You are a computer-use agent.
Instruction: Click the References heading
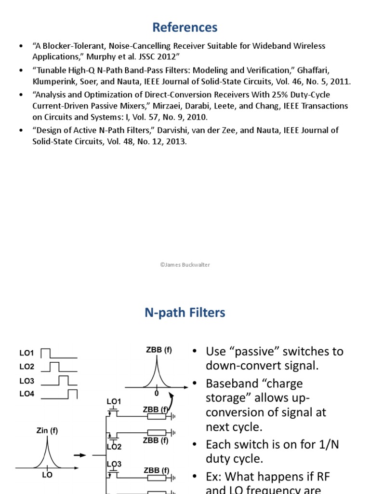185,27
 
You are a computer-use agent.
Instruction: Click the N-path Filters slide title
185,313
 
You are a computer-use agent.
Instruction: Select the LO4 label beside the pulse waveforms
27,394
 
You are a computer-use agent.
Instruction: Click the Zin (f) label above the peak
47,431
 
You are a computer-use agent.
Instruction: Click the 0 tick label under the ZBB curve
157,394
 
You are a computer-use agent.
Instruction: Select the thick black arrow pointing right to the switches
80,455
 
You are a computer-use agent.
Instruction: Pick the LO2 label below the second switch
114,447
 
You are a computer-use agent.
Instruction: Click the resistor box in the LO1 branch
156,416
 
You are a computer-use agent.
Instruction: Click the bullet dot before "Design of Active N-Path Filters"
20,130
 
